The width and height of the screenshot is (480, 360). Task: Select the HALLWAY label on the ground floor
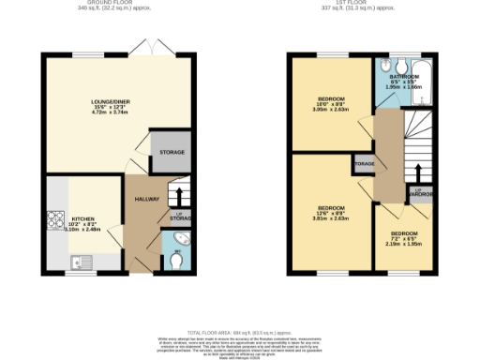(147, 199)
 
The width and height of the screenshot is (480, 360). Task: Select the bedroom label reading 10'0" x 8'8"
(331, 104)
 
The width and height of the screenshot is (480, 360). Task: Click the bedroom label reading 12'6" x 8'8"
(331, 212)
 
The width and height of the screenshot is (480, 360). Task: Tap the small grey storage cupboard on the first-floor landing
(364, 164)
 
